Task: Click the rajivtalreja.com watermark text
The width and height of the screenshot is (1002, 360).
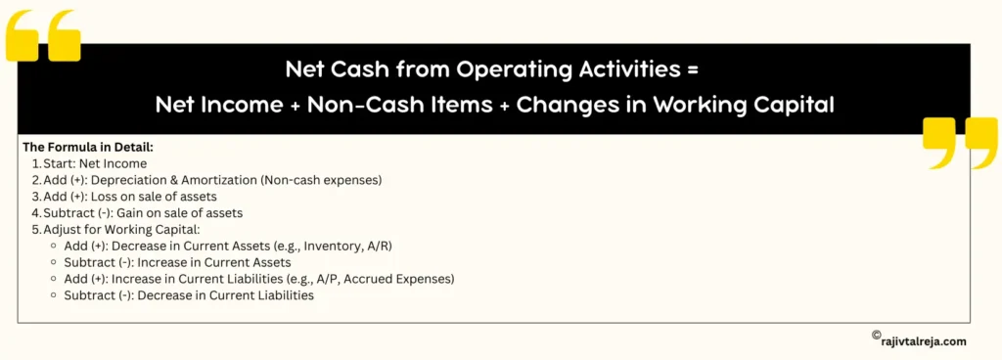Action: tap(924, 340)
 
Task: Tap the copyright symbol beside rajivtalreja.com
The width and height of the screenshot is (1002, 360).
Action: tap(876, 336)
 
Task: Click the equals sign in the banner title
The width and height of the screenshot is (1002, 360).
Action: tap(694, 70)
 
